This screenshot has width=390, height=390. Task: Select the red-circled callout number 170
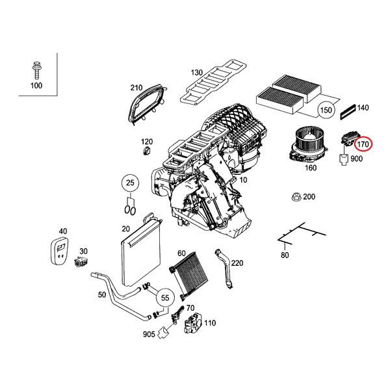pos(363,144)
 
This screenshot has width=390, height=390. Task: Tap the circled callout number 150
pos(328,111)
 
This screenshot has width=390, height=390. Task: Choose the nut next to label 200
pos(296,196)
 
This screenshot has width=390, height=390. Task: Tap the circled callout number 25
pos(130,185)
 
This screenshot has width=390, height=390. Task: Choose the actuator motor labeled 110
pos(193,324)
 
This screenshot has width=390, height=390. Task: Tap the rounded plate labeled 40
pos(60,252)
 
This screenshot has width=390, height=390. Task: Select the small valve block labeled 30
pos(83,263)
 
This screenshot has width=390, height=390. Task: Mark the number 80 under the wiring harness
pos(284,255)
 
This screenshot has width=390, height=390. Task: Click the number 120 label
pos(147,142)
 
